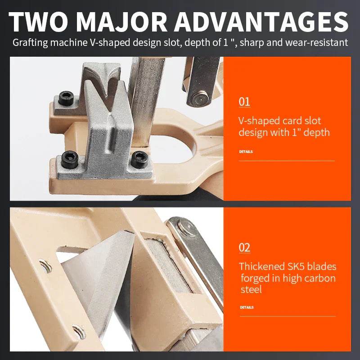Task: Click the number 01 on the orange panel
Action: pyautogui.click(x=244, y=102)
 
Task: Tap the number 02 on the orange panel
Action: pyautogui.click(x=244, y=247)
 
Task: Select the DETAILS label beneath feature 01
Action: pyautogui.click(x=246, y=152)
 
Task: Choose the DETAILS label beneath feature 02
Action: pyautogui.click(x=247, y=307)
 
